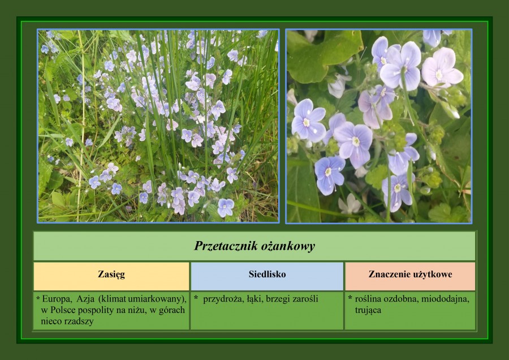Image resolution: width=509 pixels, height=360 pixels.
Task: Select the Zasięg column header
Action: [x=111, y=276]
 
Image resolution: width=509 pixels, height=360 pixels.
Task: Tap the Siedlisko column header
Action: [x=267, y=276]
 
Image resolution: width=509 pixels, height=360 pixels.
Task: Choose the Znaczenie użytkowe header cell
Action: [x=411, y=276]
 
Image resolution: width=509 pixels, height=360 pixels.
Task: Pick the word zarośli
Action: [x=305, y=299]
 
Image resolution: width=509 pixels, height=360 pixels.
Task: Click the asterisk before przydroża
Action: [x=196, y=298]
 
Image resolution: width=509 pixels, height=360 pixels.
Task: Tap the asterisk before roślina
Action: [x=350, y=298]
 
